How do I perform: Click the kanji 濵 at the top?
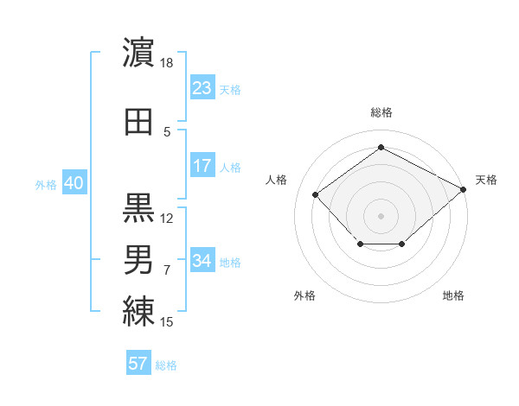coord(138,52)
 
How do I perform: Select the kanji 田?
coord(138,122)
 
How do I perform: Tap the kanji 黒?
coord(138,208)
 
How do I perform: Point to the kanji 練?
coord(138,312)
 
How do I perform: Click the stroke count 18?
coord(166,63)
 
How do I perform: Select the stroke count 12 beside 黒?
coord(166,219)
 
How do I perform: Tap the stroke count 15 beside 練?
coord(166,321)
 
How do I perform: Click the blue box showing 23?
coord(202,87)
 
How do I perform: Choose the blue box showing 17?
coord(202,165)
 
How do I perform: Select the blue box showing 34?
coord(202,259)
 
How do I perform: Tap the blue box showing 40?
coord(74,182)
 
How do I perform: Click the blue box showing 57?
coord(138,362)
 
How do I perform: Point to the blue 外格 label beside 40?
coord(46,185)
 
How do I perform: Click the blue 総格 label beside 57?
coord(166,365)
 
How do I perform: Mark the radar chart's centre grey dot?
coord(381,216)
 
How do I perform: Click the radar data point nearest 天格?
coord(463,189)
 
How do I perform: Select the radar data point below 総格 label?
coord(381,147)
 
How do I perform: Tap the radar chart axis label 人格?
coord(276,180)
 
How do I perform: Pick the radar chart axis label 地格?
coord(453,295)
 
